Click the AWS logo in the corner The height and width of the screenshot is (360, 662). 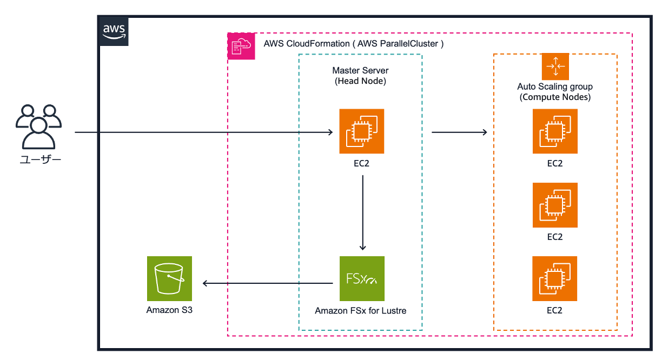[x=114, y=31]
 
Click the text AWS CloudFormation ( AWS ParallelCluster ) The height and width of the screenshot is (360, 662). [x=353, y=44]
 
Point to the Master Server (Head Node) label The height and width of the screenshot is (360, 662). [x=360, y=76]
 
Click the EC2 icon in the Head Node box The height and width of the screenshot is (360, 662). [x=361, y=131]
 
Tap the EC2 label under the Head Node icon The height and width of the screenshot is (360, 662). [x=361, y=163]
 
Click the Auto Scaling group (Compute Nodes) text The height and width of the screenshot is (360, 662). [x=555, y=92]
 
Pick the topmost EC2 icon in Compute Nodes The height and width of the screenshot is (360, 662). [x=555, y=131]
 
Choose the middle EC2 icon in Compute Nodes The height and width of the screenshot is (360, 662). [x=555, y=205]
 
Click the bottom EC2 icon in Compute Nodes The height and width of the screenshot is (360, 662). [x=555, y=278]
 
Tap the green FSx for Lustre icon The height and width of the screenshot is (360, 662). [x=361, y=278]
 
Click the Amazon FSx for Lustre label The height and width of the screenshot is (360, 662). [x=361, y=311]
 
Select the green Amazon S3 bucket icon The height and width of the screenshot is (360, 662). [x=169, y=278]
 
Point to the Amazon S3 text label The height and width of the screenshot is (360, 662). [x=169, y=310]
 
